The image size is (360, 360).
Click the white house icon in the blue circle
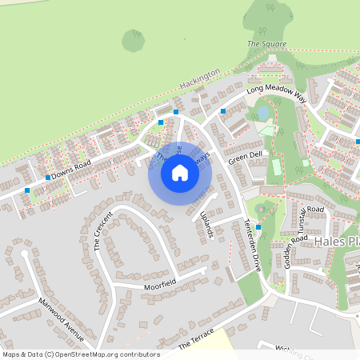point(180,173)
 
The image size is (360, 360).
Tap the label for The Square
point(265,43)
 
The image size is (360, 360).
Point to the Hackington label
point(199,79)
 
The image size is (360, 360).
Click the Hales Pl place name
point(337,241)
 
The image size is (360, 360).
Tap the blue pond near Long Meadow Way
point(263,114)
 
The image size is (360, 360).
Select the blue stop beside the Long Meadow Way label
point(222,110)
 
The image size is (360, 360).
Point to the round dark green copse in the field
point(134,41)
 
